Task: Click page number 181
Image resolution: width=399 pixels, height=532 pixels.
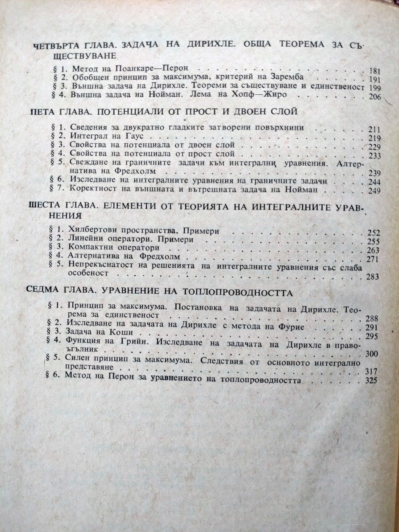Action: point(375,71)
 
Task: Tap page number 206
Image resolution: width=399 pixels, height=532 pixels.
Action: point(375,97)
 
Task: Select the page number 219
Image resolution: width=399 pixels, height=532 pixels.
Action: point(375,138)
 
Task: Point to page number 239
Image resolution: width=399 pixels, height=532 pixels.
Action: point(375,173)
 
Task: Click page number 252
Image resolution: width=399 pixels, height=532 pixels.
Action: point(373,233)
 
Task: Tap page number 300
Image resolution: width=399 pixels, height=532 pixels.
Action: point(372,354)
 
